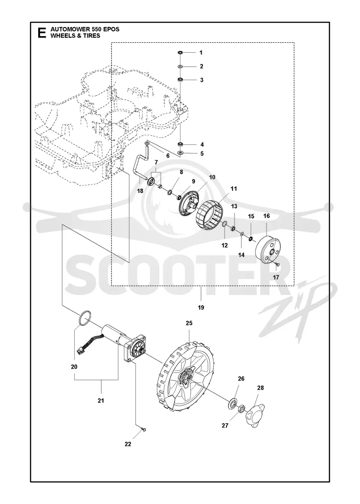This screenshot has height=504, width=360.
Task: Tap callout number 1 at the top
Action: point(201,52)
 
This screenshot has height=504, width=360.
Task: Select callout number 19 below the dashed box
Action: point(201,308)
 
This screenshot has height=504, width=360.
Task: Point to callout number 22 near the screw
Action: point(128,444)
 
